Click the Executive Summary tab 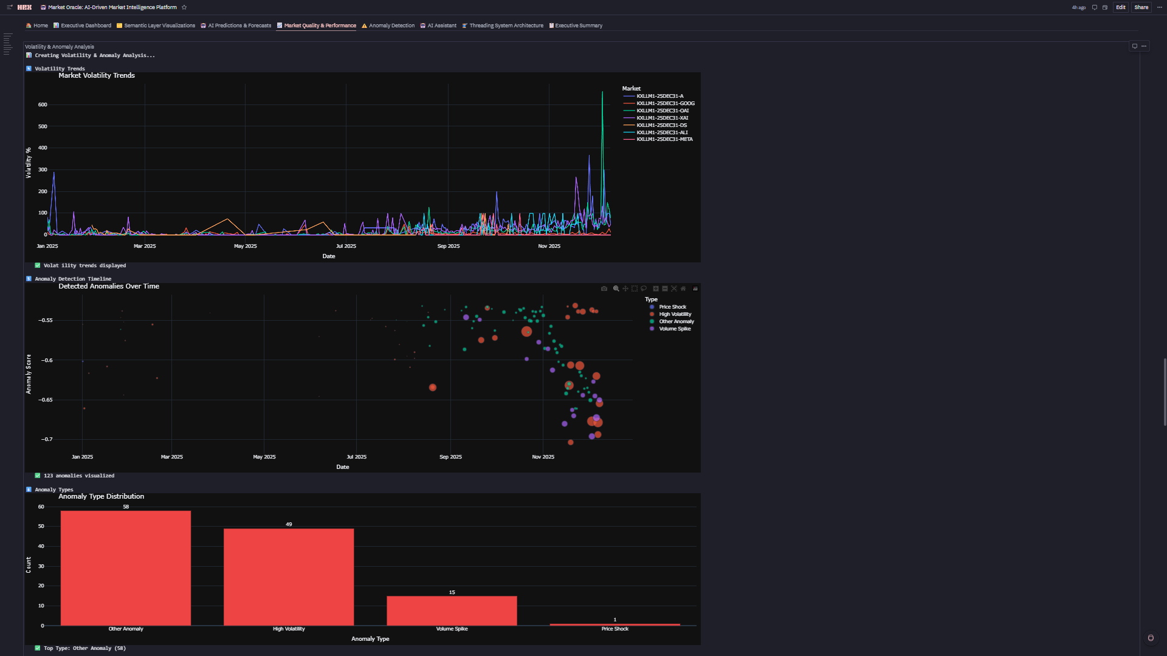point(578,26)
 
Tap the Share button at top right point(1141,7)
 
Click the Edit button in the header point(1120,7)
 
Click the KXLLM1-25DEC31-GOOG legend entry point(665,103)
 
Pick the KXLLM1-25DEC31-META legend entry point(664,139)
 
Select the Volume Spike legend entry point(675,329)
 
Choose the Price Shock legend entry point(672,307)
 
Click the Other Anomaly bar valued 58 point(126,568)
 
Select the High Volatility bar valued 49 point(289,577)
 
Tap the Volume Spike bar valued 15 point(452,610)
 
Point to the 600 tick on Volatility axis point(43,104)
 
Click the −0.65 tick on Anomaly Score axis point(46,400)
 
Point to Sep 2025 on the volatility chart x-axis point(449,246)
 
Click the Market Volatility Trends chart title point(97,75)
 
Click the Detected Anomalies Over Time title point(109,286)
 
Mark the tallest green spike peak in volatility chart point(602,92)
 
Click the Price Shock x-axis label point(614,629)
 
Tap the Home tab point(40,26)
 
